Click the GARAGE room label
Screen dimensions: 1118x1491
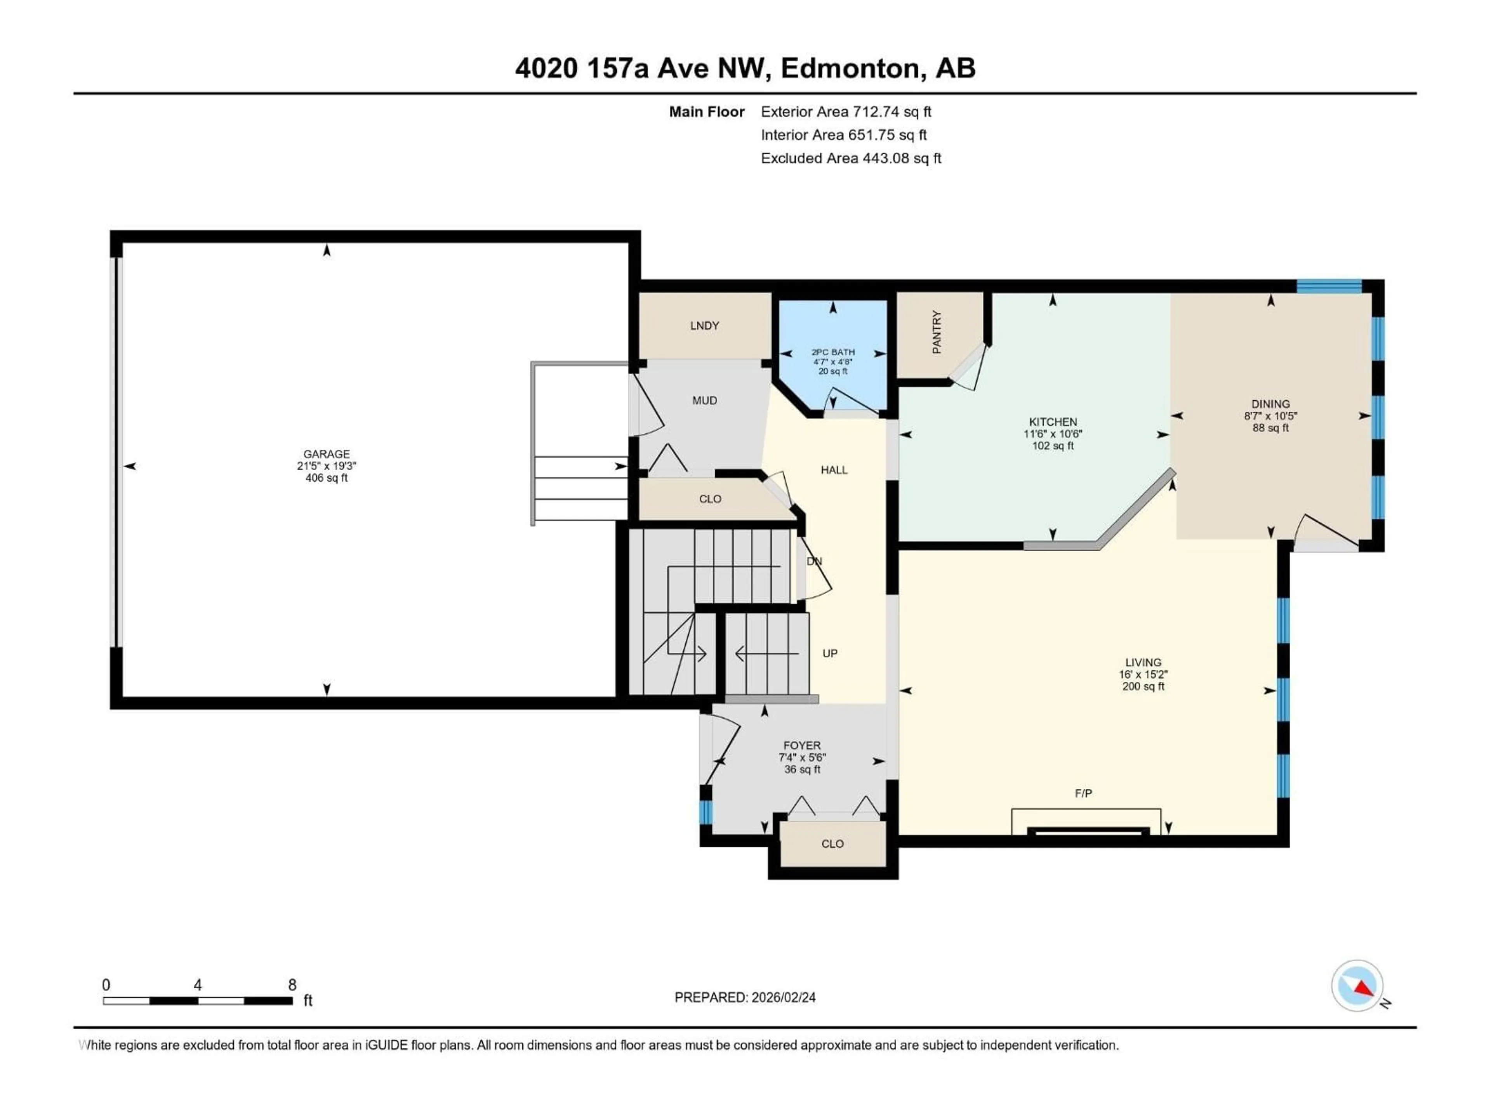tap(326, 454)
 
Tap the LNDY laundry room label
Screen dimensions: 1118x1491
tap(704, 325)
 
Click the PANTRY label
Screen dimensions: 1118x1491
tap(936, 332)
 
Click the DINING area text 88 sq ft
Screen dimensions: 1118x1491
tap(1270, 428)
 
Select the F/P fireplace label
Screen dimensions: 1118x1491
tap(1083, 793)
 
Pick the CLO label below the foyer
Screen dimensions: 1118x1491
tap(832, 844)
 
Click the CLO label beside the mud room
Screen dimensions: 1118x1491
tap(710, 499)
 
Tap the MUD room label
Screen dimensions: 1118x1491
tap(704, 400)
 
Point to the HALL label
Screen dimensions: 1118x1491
tap(834, 470)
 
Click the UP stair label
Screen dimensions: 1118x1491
tap(830, 653)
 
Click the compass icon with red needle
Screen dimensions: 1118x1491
tap(1357, 985)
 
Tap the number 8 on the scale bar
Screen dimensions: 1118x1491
tap(292, 984)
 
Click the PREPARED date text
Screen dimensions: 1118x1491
tap(745, 997)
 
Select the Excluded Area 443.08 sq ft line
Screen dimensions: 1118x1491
tap(851, 158)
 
